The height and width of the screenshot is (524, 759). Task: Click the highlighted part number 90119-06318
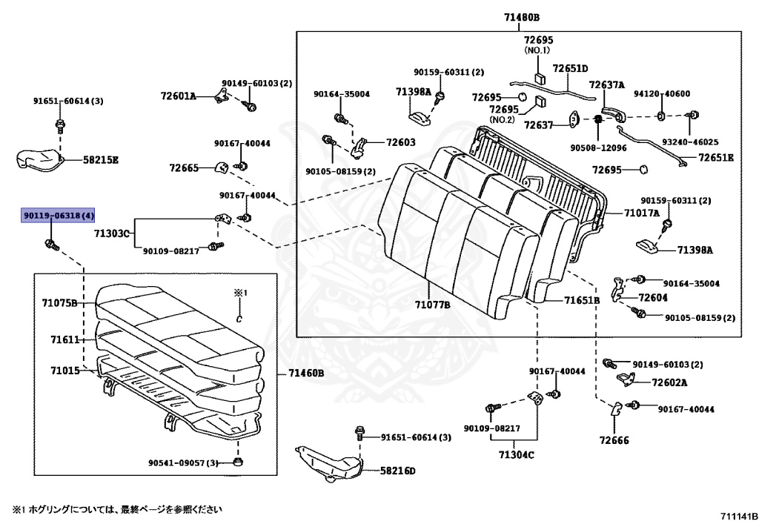(x=59, y=216)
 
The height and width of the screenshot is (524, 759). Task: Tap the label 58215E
(x=101, y=159)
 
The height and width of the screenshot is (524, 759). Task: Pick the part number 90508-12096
(x=598, y=147)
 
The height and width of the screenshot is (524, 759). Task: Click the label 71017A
(x=641, y=213)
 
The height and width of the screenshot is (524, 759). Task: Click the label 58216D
(x=398, y=471)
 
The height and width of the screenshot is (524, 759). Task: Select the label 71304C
(x=516, y=455)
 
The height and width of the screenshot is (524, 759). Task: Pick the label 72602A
(x=669, y=383)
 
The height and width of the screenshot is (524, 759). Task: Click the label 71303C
(x=112, y=234)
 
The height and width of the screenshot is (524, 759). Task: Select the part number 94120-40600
(x=661, y=93)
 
